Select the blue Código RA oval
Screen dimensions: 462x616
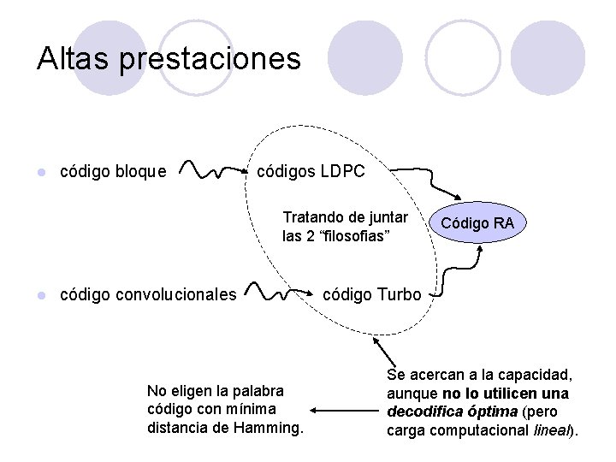[477, 224]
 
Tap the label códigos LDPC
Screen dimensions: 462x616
[311, 171]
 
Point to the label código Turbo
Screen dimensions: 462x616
[372, 295]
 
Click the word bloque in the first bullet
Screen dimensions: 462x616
[139, 172]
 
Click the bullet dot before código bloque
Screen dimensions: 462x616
[39, 173]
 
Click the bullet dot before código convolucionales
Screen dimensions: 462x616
[39, 296]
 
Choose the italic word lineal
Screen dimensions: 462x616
[551, 430]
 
